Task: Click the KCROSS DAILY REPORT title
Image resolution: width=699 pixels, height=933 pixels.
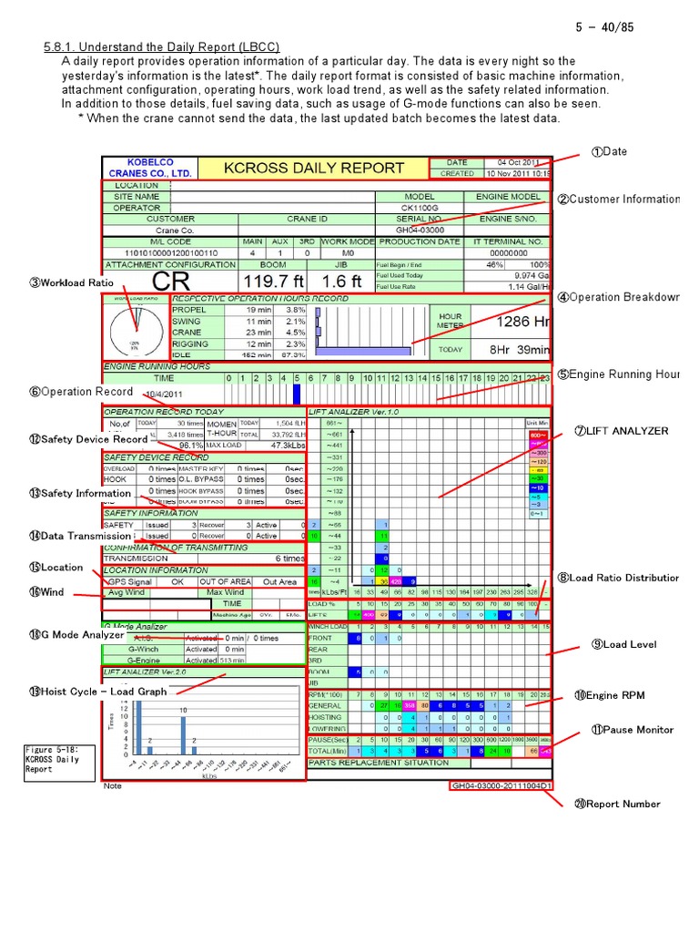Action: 313,168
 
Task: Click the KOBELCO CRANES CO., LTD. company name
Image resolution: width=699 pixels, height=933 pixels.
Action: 149,167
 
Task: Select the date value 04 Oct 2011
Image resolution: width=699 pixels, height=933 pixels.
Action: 519,161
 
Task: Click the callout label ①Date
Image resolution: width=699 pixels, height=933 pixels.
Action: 609,151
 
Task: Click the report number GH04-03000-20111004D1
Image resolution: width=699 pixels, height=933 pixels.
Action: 501,785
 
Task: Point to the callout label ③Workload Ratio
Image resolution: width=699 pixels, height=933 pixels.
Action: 71,282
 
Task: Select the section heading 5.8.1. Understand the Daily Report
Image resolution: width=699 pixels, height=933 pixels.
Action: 161,47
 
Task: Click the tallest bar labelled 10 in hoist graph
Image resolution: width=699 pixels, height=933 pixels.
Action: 183,734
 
